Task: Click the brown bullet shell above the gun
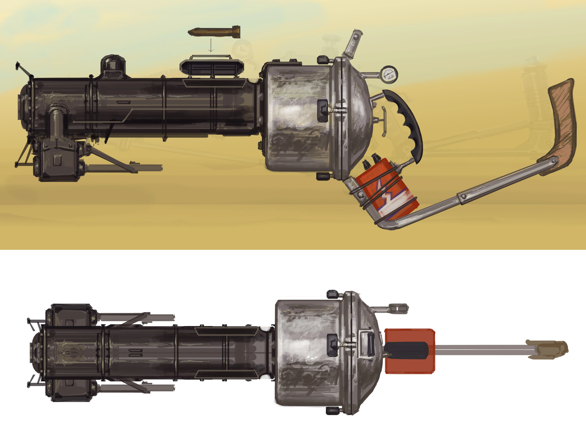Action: [x=214, y=32]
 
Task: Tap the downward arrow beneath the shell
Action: [x=211, y=46]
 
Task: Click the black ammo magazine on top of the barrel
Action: [x=211, y=67]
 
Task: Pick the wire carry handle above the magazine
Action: [x=211, y=56]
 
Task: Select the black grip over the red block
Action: [x=407, y=350]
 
